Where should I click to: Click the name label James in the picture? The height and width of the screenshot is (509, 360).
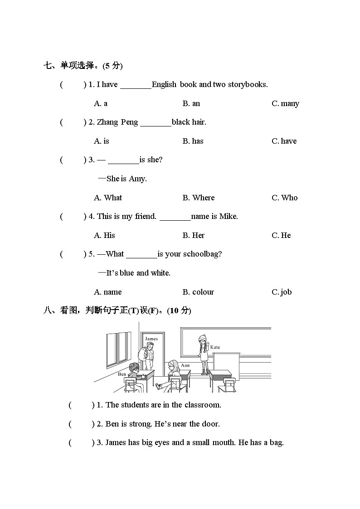151,339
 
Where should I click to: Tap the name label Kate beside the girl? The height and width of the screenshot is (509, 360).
215,347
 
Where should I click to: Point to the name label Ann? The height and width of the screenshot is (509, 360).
185,365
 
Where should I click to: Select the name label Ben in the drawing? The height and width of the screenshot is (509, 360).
122,374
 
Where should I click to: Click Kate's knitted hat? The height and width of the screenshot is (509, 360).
202,338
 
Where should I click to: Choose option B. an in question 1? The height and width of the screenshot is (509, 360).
191,103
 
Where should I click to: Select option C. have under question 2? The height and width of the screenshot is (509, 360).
284,141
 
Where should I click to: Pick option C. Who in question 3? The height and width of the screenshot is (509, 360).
285,198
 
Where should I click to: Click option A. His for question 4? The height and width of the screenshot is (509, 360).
105,235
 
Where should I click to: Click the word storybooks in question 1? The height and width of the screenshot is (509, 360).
248,84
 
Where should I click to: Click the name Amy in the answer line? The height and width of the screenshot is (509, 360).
137,179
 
